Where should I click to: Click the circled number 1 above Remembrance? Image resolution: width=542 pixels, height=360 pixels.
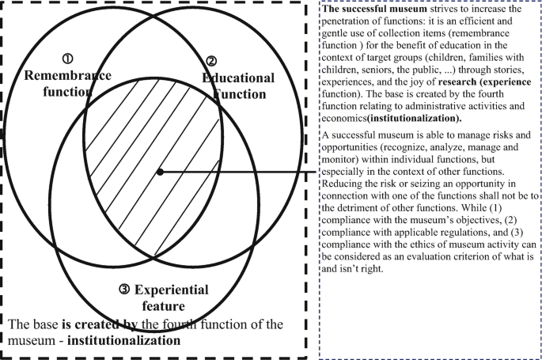(x=68, y=59)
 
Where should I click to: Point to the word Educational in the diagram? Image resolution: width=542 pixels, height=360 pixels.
(x=238, y=78)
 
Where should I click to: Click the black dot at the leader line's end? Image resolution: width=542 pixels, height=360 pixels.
(x=161, y=171)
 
